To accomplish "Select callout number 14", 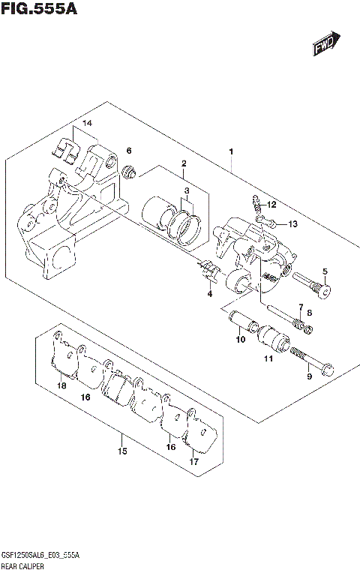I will pyautogui.click(x=87, y=123).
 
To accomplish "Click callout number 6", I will pyautogui.click(x=129, y=151).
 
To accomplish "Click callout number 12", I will pyautogui.click(x=271, y=204).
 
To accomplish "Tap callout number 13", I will pyautogui.click(x=292, y=223).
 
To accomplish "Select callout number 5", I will pyautogui.click(x=325, y=271).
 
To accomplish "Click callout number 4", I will pyautogui.click(x=210, y=294).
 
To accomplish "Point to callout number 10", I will pyautogui.click(x=240, y=340).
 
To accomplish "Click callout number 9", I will pyautogui.click(x=307, y=376).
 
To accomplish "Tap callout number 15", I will pyautogui.click(x=121, y=451).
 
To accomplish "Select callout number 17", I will pyautogui.click(x=193, y=462).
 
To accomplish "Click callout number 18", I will pyautogui.click(x=61, y=385).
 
